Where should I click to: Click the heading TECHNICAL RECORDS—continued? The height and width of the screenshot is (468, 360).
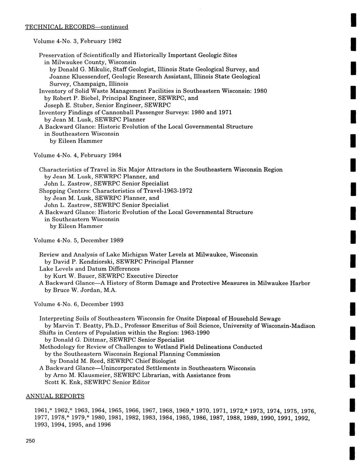pos(77,26)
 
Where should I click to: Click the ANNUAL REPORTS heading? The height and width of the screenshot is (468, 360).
pos(55,396)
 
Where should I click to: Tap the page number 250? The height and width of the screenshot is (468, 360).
pos(30,441)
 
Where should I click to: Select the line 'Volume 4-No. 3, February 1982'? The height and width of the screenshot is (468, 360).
pos(77,41)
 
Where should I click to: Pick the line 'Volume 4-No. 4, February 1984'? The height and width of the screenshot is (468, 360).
pos(77,155)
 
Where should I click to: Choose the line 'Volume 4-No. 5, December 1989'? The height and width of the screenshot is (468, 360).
pos(79,240)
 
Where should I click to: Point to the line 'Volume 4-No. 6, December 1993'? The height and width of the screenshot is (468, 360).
pos(79,304)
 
